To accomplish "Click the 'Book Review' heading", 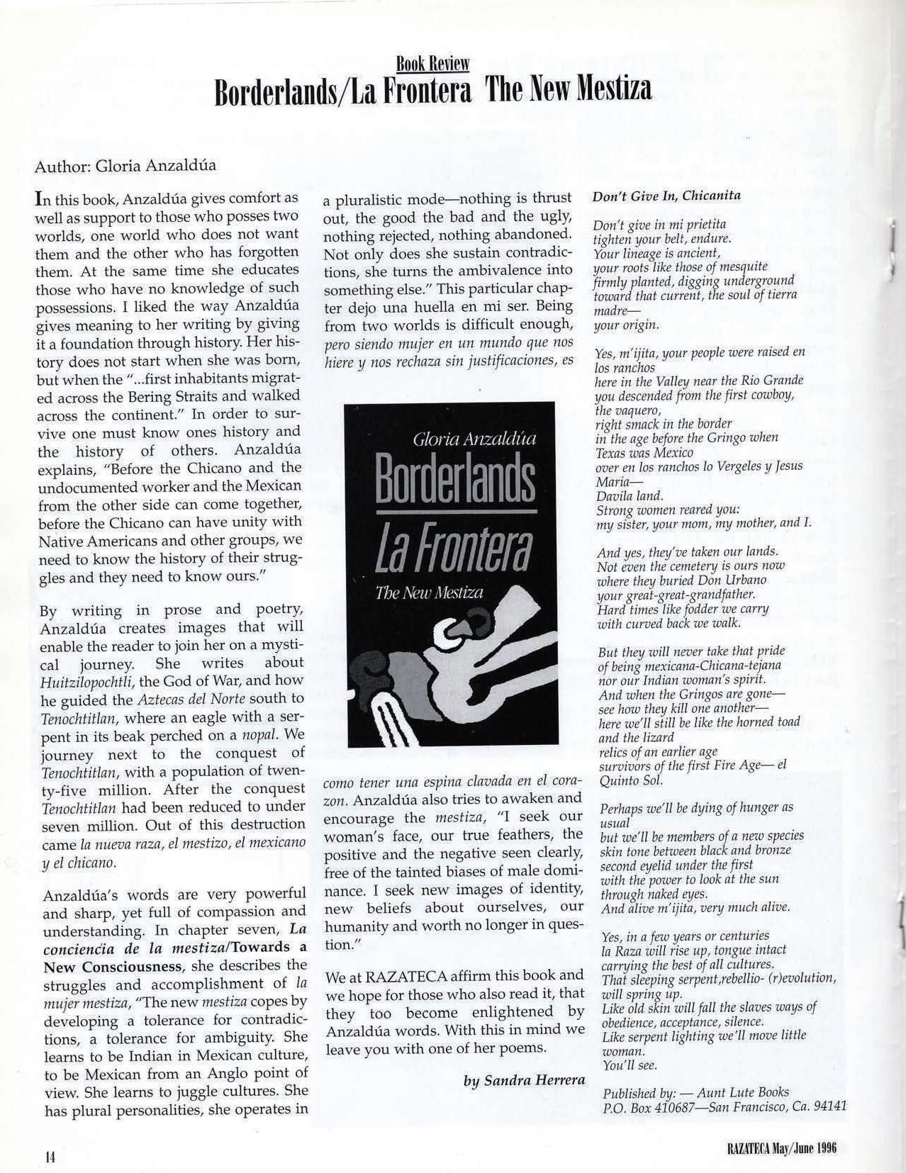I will tap(432, 64).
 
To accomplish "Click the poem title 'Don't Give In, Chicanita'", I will tap(666, 196).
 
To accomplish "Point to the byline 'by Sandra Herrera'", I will tap(525, 1080).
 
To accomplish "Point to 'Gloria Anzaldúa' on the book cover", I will tap(474, 439).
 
